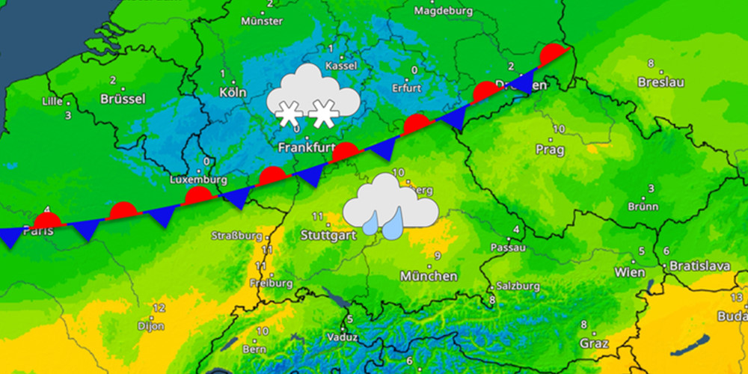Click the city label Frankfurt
pos(306,147)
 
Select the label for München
pos(429,276)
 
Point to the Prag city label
pos(550,150)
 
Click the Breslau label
pos(660,82)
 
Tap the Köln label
pos(233,93)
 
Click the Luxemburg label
pos(198,180)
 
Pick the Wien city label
pos(629,272)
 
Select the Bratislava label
pos(699,266)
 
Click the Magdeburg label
pos(444,11)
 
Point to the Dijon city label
pos(150,325)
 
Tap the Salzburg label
pos(518,286)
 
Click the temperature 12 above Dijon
pos(158,308)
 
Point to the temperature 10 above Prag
pos(558,129)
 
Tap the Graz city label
pos(592,345)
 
